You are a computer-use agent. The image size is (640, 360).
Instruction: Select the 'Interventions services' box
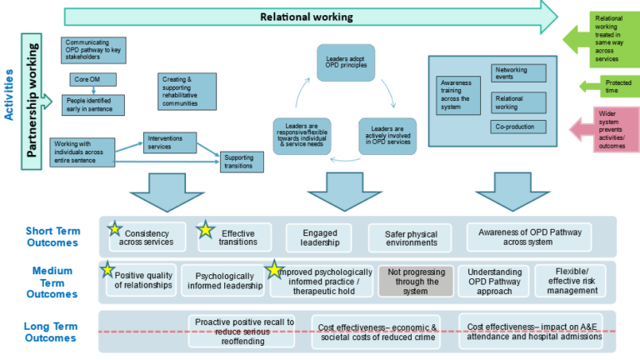coord(170,142)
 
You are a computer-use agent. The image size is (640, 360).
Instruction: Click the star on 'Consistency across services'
coord(115,227)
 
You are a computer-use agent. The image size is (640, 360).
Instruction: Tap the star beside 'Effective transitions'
coord(206,229)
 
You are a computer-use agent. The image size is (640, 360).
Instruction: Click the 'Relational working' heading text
coord(306,16)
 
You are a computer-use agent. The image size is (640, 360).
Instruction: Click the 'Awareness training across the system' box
coord(458,94)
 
